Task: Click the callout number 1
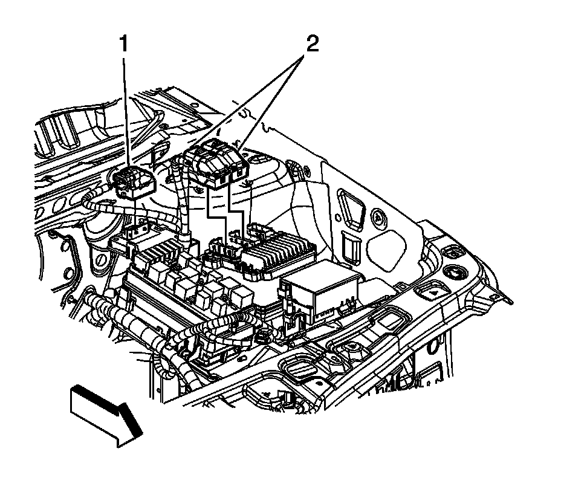coord(125,45)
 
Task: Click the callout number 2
coord(311,45)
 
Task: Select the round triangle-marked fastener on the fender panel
coord(378,216)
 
